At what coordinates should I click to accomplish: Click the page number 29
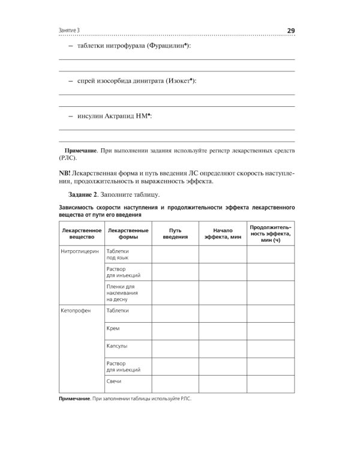point(290,31)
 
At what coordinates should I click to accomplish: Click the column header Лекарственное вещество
point(81,234)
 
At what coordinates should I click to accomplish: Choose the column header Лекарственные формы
point(127,234)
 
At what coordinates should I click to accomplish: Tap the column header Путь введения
point(175,234)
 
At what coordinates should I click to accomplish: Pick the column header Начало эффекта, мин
point(222,234)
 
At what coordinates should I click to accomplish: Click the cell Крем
point(112,329)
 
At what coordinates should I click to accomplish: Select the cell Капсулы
point(116,347)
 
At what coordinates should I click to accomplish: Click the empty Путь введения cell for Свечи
point(175,383)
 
